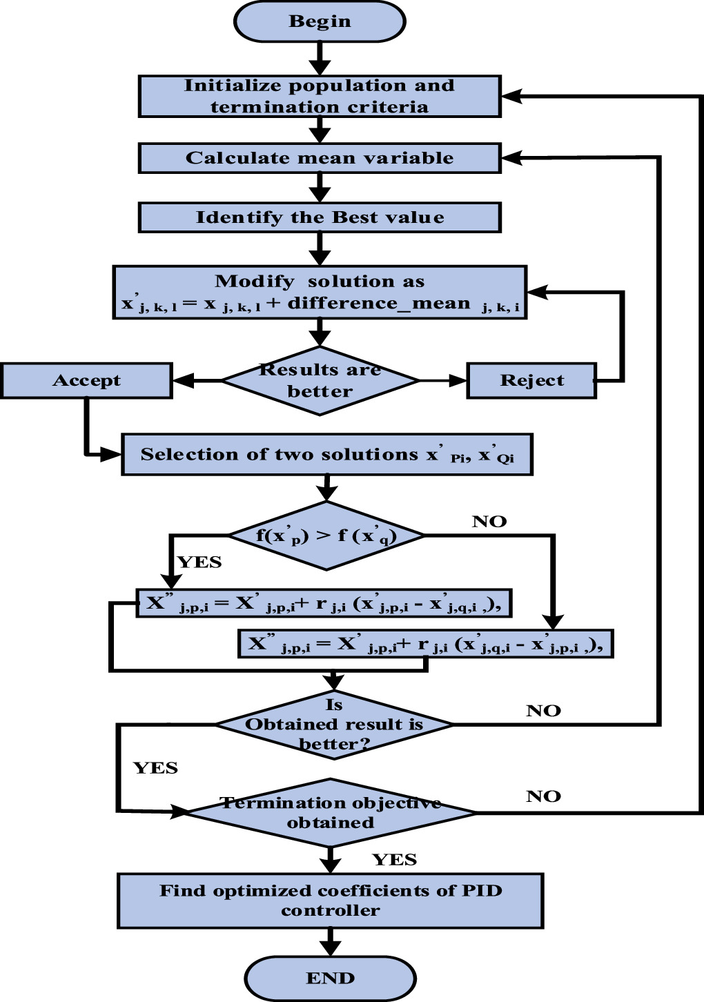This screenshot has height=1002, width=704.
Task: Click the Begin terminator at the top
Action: tap(320, 21)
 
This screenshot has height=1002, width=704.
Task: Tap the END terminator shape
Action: tap(330, 978)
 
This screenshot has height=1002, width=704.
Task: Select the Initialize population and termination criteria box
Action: tap(320, 96)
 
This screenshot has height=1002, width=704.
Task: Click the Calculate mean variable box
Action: tap(320, 158)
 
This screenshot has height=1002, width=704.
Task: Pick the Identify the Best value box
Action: tap(320, 217)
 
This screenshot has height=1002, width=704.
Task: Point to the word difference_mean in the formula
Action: tap(378, 303)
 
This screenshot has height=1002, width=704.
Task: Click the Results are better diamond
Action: tap(320, 380)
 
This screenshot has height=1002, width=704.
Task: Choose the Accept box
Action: tap(86, 380)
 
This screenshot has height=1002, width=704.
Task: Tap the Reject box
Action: tap(531, 380)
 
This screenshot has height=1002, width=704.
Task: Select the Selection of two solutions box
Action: tap(327, 454)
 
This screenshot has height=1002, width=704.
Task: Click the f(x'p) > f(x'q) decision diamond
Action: tap(326, 536)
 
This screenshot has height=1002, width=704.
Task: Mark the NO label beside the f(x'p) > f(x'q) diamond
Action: tap(489, 522)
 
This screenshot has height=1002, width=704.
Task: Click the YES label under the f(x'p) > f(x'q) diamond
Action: tap(199, 562)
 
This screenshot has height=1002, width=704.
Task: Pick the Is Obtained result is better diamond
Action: tap(334, 725)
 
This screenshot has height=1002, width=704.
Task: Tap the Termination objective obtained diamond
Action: tap(331, 813)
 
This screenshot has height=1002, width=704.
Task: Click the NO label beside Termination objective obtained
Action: tap(543, 796)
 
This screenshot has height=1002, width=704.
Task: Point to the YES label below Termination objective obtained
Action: tap(394, 860)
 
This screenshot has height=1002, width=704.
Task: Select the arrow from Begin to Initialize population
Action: tap(320, 58)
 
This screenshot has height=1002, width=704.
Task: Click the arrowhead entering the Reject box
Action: tap(458, 380)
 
